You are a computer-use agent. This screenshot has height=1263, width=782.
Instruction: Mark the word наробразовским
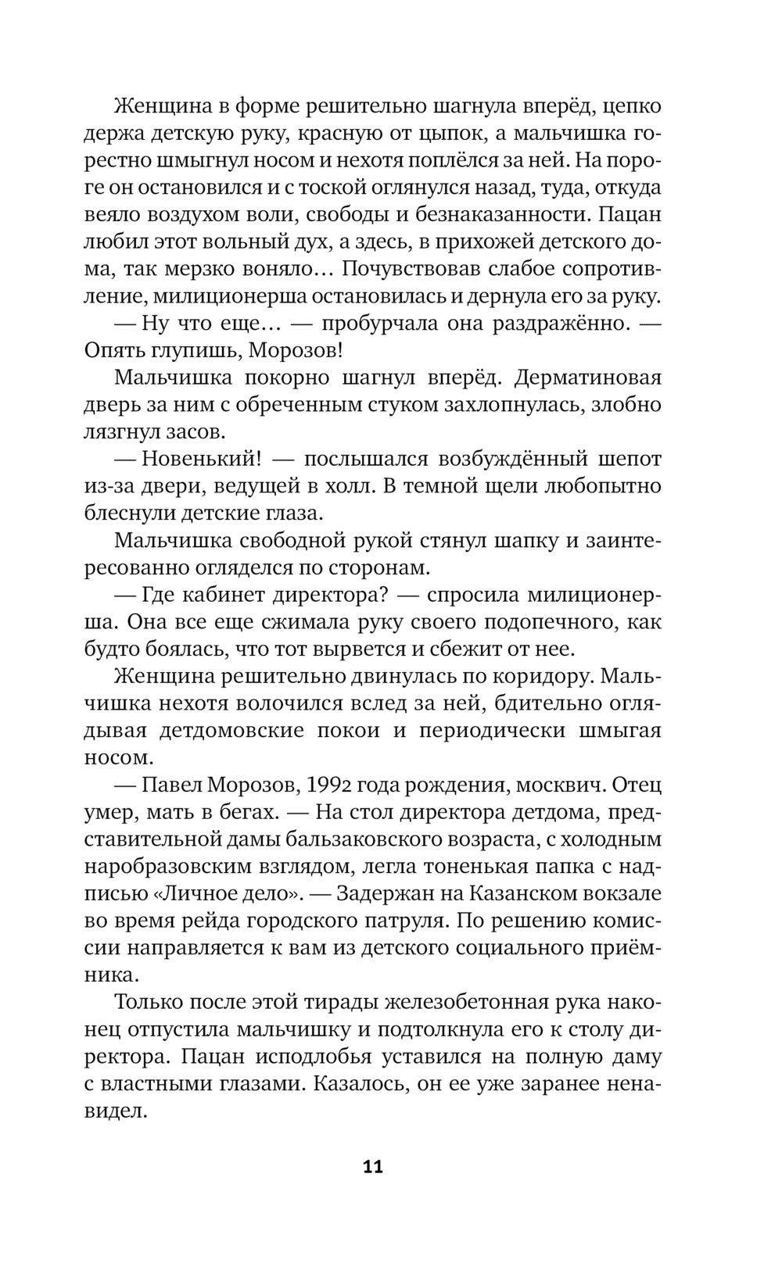pyautogui.click(x=183, y=867)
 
